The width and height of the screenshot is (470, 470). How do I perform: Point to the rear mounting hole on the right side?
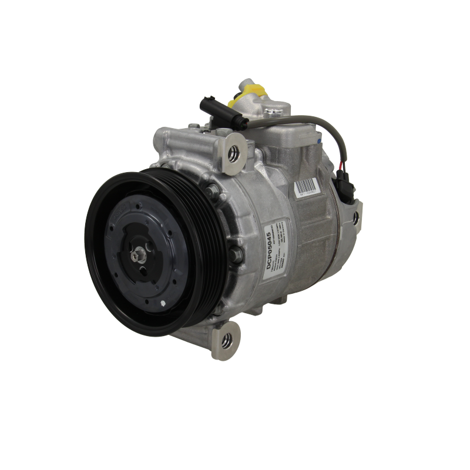355,218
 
